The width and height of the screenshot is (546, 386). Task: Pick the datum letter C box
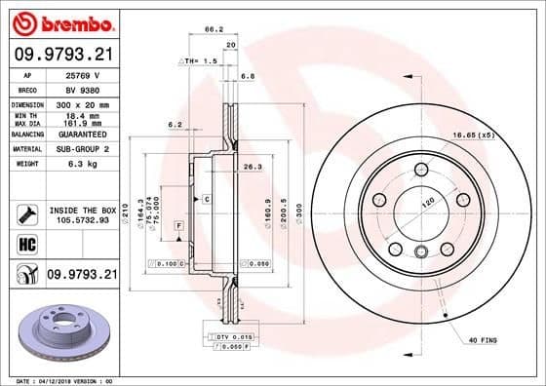pos(207,198)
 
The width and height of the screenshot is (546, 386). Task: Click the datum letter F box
pos(179,226)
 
